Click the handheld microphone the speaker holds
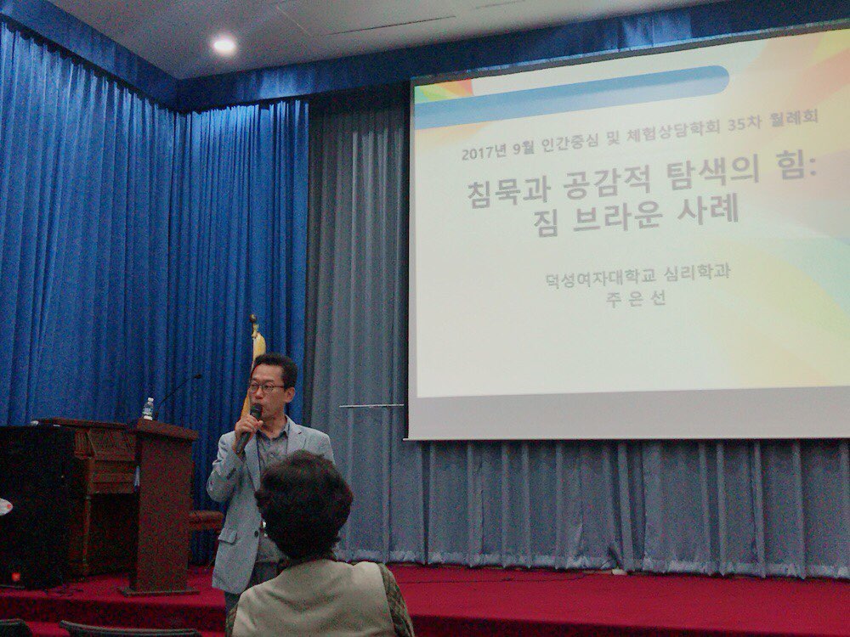[x=247, y=428]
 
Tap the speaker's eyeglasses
[x=267, y=387]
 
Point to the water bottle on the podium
[x=147, y=409]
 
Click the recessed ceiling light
[x=224, y=44]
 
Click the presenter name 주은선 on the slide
[x=635, y=298]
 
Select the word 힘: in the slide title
[x=796, y=166]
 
